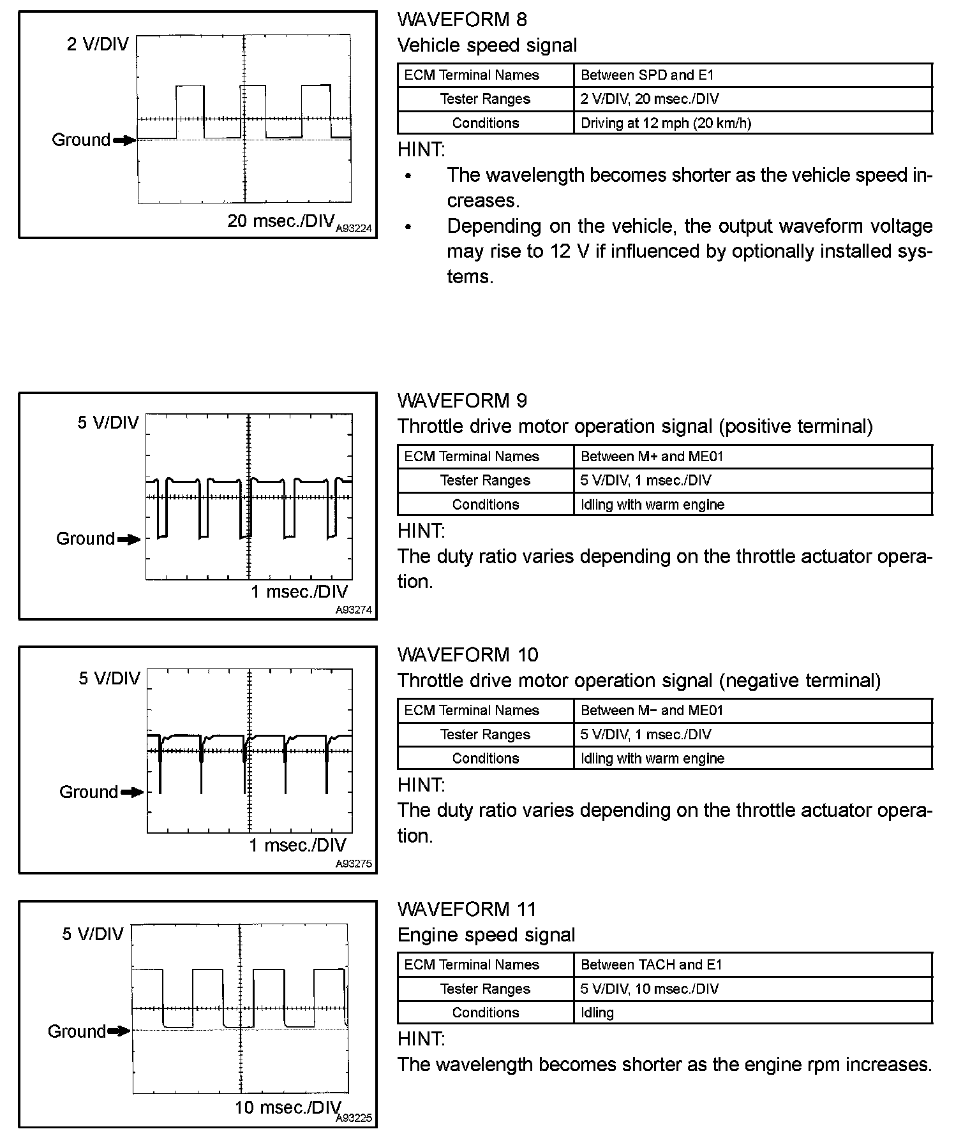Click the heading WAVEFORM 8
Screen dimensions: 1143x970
[x=462, y=19]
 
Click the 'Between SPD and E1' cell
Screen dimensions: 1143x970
[x=647, y=75]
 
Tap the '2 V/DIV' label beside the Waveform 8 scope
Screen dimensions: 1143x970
[x=98, y=44]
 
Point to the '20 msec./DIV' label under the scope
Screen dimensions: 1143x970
[x=281, y=221]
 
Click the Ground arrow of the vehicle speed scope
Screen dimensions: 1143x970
[x=124, y=140]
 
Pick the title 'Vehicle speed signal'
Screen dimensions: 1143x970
[x=487, y=45]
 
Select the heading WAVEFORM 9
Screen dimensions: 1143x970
[x=462, y=401]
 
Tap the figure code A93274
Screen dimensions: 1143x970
[x=354, y=610]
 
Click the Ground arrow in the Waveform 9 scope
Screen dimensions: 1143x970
[x=129, y=540]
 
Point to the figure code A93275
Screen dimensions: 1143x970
[x=354, y=864]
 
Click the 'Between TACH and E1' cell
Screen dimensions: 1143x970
[x=651, y=964]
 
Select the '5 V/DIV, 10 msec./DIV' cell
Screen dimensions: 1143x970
[x=649, y=989]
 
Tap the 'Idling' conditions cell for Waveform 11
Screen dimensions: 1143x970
[x=597, y=1012]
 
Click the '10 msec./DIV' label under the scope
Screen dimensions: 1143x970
[x=288, y=1107]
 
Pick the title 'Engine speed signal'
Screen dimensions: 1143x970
[x=486, y=935]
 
